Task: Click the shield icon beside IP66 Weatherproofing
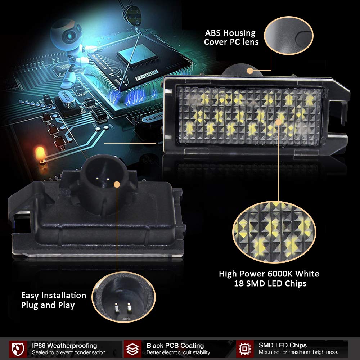18,348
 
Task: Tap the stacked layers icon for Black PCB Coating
132,348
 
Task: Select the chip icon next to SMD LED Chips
245,348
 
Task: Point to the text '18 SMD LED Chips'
270,283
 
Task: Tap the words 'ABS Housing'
230,33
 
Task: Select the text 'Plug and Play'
48,305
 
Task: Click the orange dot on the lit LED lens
278,122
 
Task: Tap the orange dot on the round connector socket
116,185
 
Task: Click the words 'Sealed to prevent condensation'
68,352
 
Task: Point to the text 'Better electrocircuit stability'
178,352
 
